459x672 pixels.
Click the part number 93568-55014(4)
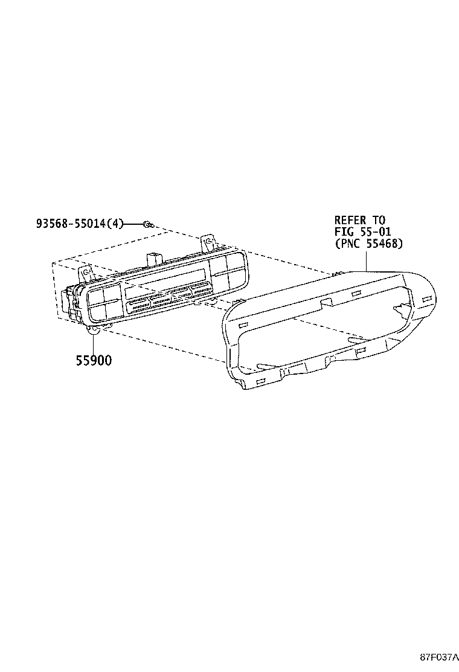pos(80,224)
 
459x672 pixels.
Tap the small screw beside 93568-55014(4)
pos(147,224)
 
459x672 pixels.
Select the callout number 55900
pos(94,360)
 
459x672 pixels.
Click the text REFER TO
pos(360,220)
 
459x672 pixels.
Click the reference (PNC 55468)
pos(368,244)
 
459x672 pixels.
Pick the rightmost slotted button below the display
pos(199,289)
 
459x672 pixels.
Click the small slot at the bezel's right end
pos(427,299)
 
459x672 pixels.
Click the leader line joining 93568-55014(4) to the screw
pos(133,224)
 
